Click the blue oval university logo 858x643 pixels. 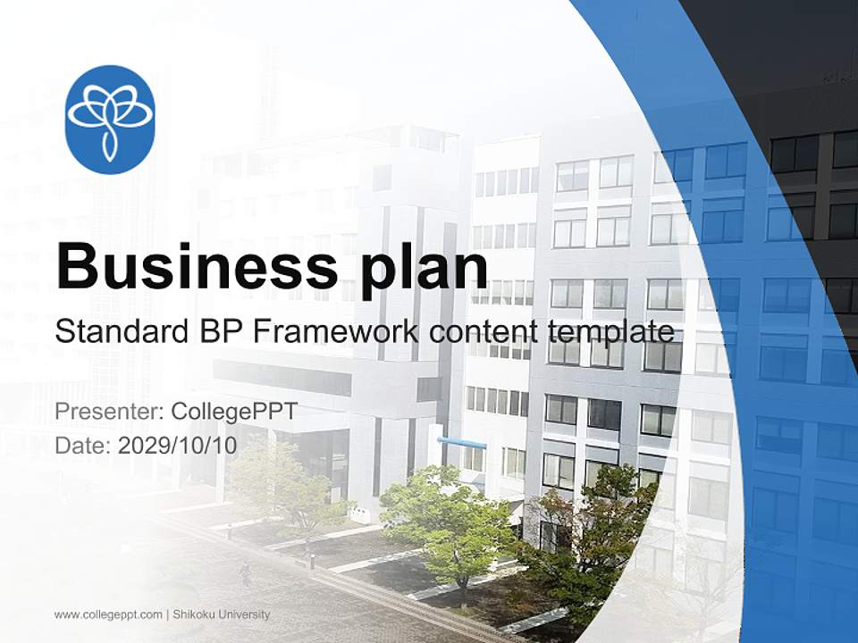(x=111, y=119)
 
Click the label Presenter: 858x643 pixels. (x=105, y=413)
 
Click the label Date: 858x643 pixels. (x=83, y=445)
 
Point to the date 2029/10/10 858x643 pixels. (x=177, y=445)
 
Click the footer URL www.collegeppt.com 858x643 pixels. (x=108, y=614)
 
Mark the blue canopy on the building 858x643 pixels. (x=462, y=443)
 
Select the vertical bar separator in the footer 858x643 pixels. (x=167, y=614)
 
